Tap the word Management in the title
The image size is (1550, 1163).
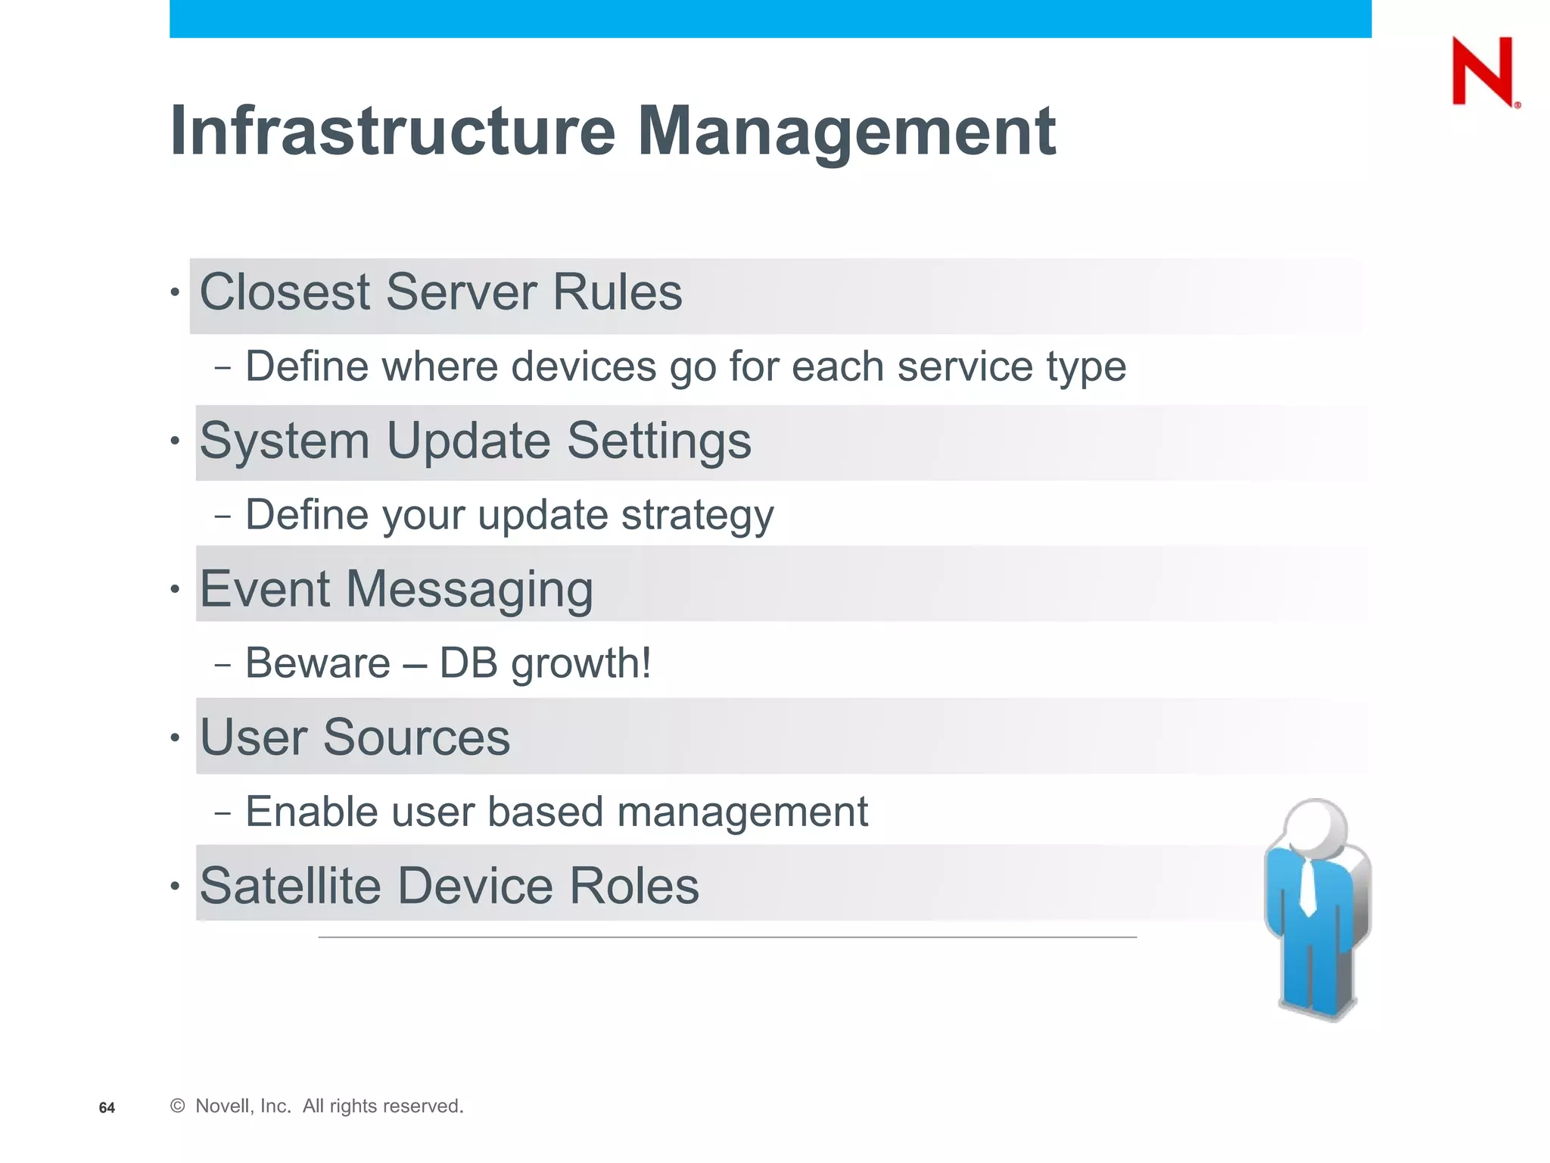coord(846,133)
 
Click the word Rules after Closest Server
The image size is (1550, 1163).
coord(617,292)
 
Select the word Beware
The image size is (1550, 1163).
coord(318,663)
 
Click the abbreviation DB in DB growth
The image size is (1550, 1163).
coord(468,663)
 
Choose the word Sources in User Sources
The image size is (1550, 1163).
coord(416,737)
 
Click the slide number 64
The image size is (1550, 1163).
coord(107,1108)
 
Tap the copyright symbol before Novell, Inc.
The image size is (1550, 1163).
coord(178,1106)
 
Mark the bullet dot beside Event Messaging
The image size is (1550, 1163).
coord(175,588)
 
